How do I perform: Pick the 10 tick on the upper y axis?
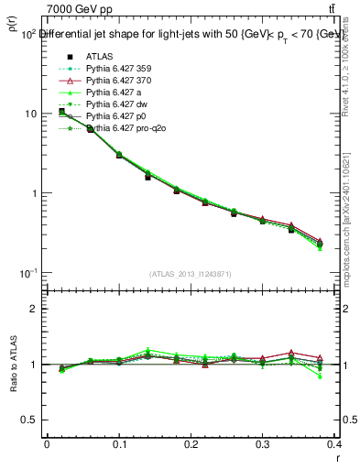point(30,114)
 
